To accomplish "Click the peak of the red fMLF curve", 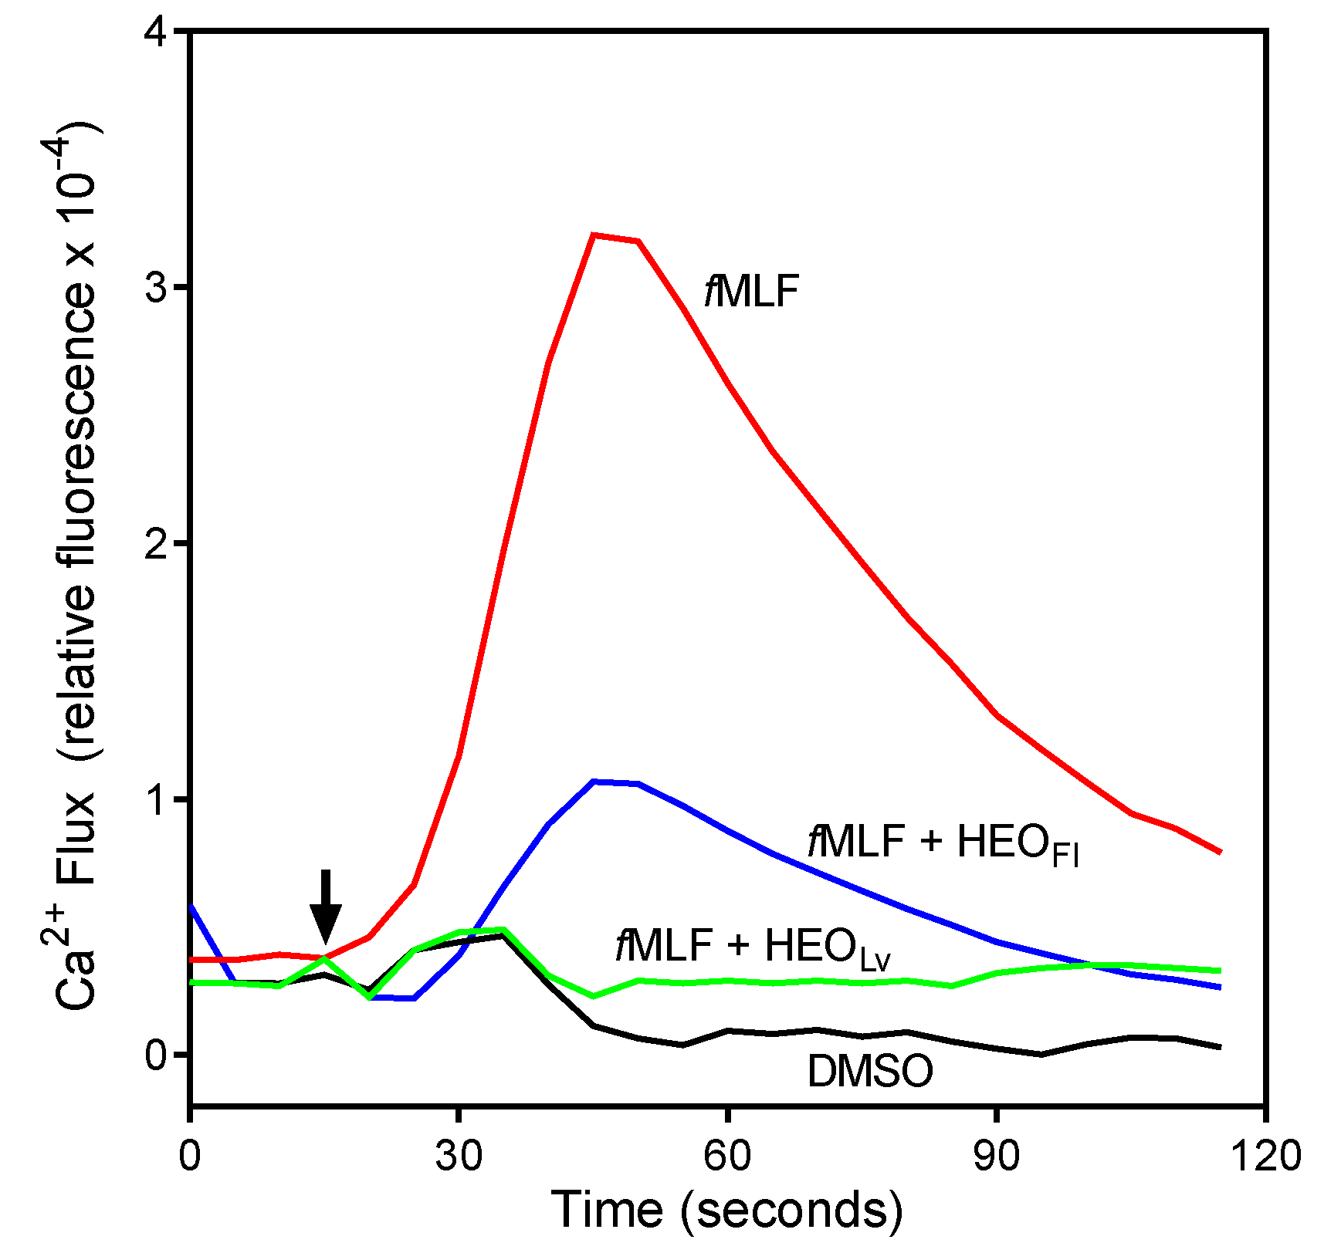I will coord(593,235).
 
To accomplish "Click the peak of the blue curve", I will coord(594,782).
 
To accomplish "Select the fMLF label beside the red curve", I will coord(750,292).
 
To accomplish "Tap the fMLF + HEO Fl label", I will coord(943,843).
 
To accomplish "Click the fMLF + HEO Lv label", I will coord(753,946).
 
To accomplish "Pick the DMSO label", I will coord(870,1072).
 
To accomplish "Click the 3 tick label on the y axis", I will coord(156,288).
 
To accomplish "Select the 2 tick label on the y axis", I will coord(156,544).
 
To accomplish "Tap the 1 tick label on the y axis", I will coord(157,799).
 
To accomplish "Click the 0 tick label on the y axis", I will coord(156,1055).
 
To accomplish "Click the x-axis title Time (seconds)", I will coord(726,1209).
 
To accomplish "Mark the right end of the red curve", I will coord(1220,852).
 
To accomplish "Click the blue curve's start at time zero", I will coord(191,907).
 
